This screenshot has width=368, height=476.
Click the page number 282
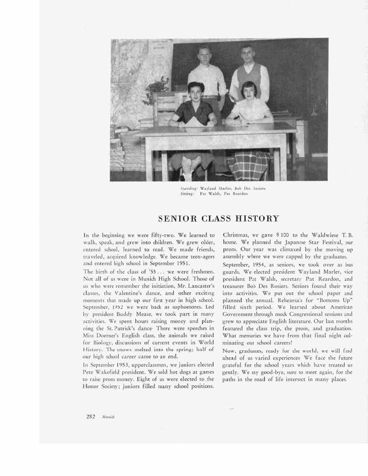tap(91, 416)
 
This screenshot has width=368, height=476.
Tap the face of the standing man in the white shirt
tap(205, 54)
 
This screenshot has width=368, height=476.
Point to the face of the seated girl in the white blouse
tap(249, 91)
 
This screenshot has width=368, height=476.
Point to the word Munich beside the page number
tap(108, 417)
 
